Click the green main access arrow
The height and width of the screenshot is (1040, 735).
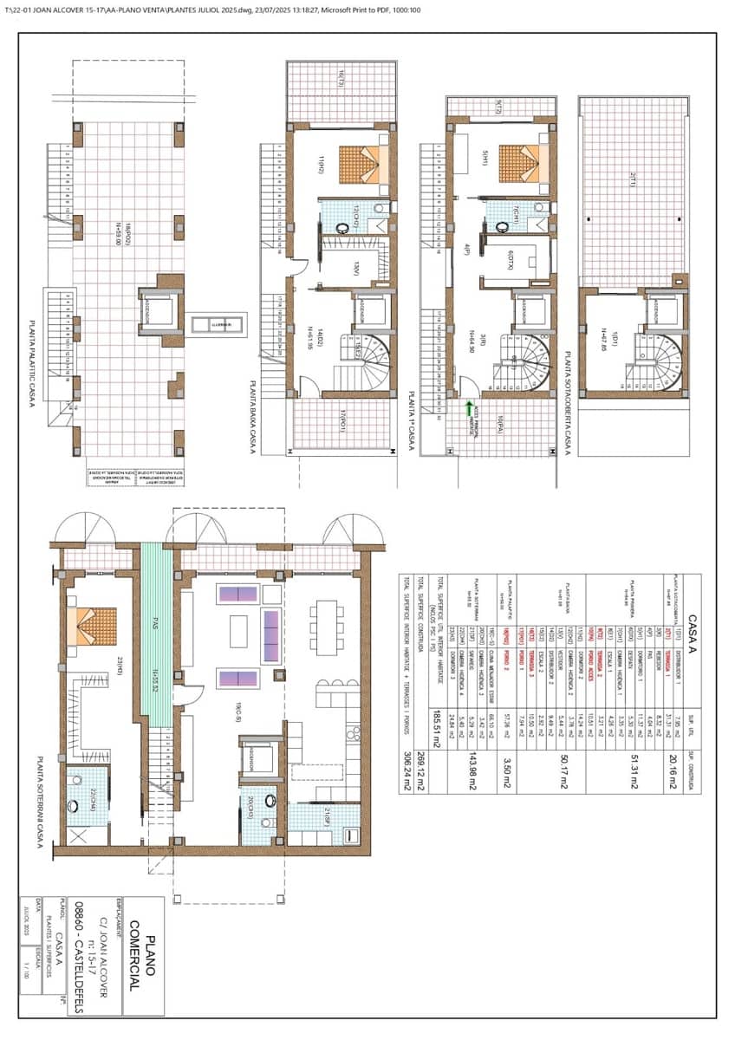tap(469, 408)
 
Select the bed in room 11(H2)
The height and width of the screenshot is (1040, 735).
tap(364, 165)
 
